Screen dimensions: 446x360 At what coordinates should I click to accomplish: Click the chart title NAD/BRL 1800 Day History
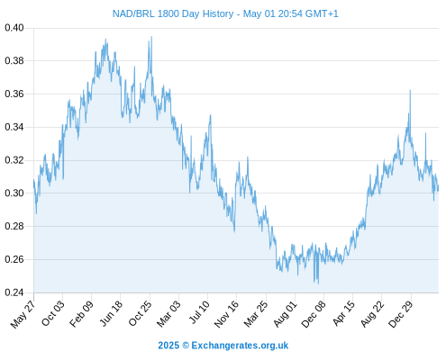[173, 13]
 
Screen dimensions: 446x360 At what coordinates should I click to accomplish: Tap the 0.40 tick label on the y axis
[14, 28]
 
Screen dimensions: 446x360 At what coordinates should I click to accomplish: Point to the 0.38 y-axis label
[14, 61]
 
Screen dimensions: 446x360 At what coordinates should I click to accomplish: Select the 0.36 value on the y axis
[14, 94]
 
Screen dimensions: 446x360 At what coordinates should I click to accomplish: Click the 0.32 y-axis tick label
[14, 160]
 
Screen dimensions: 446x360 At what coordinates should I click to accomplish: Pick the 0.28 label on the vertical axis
[14, 226]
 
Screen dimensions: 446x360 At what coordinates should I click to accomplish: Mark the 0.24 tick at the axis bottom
[14, 292]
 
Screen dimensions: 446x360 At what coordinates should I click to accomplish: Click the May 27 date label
[23, 314]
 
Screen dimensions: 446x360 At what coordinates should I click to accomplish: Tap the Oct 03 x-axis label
[53, 313]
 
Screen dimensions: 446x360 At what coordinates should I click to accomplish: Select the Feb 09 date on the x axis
[81, 314]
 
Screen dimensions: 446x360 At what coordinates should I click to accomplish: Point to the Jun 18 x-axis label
[111, 313]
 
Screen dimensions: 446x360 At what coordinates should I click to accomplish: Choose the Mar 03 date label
[168, 314]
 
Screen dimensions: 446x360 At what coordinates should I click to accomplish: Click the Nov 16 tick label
[226, 314]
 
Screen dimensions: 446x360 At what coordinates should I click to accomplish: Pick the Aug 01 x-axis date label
[285, 314]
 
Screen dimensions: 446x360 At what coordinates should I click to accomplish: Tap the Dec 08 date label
[314, 314]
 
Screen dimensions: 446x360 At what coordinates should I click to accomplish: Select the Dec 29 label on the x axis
[400, 314]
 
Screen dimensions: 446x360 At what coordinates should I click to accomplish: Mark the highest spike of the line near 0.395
[151, 37]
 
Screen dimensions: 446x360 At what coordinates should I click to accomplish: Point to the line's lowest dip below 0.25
[318, 283]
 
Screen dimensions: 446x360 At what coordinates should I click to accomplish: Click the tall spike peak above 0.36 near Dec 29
[410, 90]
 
